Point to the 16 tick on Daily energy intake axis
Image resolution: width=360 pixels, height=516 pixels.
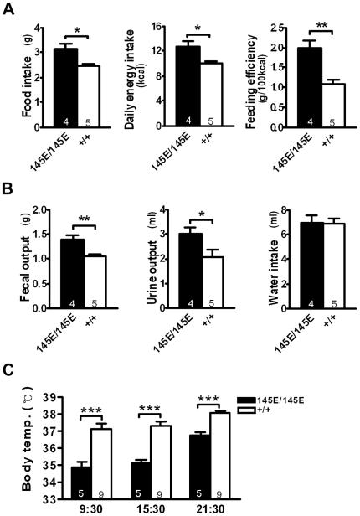[x=155, y=26]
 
